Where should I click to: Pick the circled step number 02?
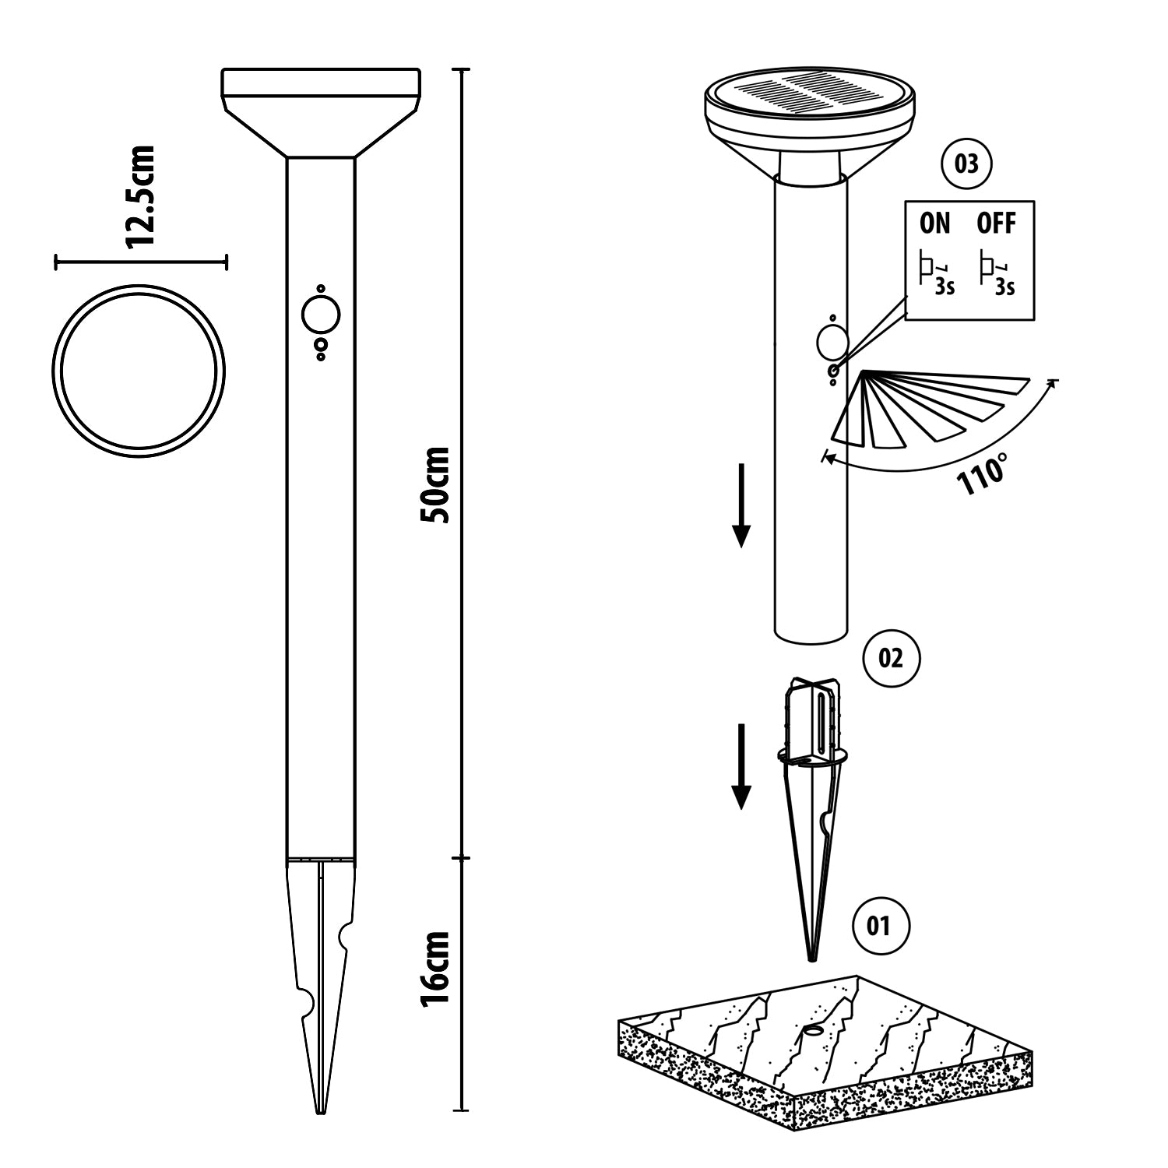pos(892,659)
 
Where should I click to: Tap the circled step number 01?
pos(879,926)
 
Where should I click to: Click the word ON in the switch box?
pos(935,223)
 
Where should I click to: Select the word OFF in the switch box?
pos(997,223)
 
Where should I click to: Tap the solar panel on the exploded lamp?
pos(810,96)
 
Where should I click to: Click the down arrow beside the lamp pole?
pos(741,505)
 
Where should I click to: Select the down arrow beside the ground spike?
pos(741,766)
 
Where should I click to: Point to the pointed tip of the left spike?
pos(321,1113)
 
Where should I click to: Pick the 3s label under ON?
pos(945,287)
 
